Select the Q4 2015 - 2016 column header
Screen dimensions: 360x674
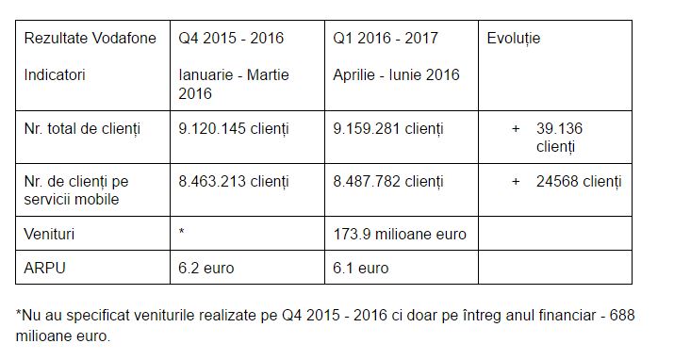(231, 39)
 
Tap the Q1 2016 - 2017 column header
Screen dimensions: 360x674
(386, 39)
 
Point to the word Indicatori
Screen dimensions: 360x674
(55, 74)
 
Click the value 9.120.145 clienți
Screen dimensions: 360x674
(234, 127)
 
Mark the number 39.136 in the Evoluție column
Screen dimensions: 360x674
(563, 127)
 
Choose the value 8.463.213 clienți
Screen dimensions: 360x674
(234, 180)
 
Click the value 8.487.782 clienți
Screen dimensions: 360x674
(388, 180)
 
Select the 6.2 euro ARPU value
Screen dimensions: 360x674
(206, 268)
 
